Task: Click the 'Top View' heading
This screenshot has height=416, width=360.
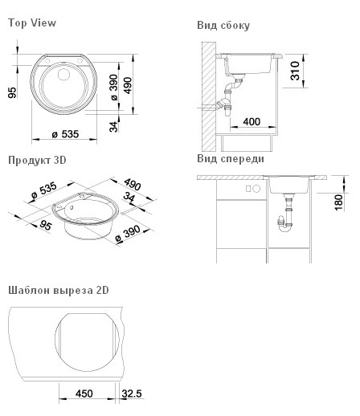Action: click(32, 22)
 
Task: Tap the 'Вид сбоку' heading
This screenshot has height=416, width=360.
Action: click(223, 25)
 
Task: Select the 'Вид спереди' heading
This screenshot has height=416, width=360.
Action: click(231, 159)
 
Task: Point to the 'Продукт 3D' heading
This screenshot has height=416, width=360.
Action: click(37, 161)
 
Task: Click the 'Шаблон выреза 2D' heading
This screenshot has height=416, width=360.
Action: click(59, 290)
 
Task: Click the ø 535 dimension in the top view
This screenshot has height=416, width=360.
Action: click(65, 134)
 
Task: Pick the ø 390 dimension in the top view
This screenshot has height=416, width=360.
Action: click(114, 87)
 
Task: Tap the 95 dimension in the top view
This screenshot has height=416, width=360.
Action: click(12, 93)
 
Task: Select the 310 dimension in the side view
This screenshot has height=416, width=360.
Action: click(295, 71)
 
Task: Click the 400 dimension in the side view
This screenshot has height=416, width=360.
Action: click(252, 122)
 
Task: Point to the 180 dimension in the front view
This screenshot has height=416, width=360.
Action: click(338, 202)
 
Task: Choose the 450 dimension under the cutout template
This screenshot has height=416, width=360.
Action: click(84, 394)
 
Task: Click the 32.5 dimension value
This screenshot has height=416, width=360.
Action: click(132, 394)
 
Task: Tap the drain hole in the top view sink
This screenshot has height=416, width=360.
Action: click(63, 74)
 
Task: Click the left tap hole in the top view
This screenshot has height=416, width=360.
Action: click(47, 61)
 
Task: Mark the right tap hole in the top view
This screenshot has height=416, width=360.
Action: click(80, 61)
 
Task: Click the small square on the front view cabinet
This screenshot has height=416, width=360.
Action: click(248, 189)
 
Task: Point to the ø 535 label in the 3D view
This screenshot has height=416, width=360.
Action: click(43, 190)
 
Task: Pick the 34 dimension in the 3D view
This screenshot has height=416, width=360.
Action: click(129, 197)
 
